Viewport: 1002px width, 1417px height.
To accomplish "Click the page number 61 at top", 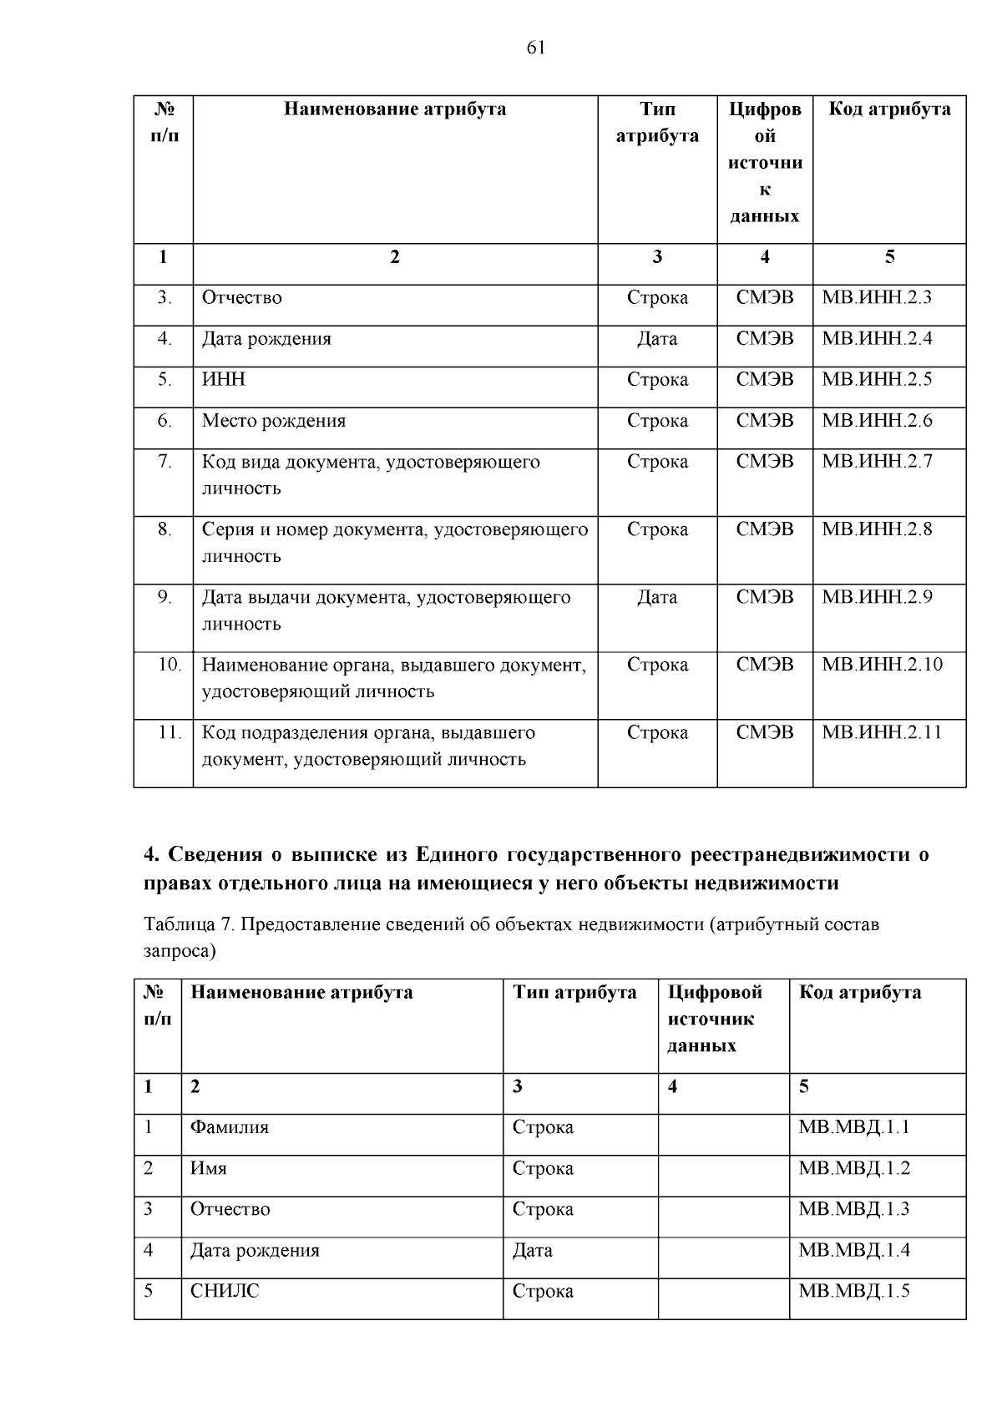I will pos(536,48).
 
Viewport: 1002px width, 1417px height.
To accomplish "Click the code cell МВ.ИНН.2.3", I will pos(877,297).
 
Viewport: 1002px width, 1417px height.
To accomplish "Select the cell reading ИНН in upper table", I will pos(224,379).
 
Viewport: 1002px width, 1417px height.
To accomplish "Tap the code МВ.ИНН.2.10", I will pos(882,665).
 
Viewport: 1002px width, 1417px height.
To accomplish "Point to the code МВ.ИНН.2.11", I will pos(882,732).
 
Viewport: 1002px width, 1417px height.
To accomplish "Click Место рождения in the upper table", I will pos(273,421).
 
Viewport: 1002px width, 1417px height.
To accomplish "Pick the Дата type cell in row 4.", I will pos(657,339).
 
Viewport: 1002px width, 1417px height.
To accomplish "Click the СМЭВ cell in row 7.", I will pos(765,462).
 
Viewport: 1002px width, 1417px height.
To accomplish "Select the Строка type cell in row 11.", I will pos(657,732).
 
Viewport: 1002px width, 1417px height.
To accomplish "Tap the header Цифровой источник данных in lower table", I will pos(715,1019).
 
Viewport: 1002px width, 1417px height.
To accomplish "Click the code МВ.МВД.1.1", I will pos(853,1127).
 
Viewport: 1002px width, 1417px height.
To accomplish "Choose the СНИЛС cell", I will pos(225,1291).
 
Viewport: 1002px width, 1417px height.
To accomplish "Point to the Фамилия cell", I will pos(230,1127).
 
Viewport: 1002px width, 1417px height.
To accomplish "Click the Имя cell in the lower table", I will pos(208,1168).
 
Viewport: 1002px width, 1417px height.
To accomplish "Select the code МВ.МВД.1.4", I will pos(853,1250).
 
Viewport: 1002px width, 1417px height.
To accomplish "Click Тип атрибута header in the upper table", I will pos(657,123).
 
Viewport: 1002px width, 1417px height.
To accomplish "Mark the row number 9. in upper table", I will pos(164,597).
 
